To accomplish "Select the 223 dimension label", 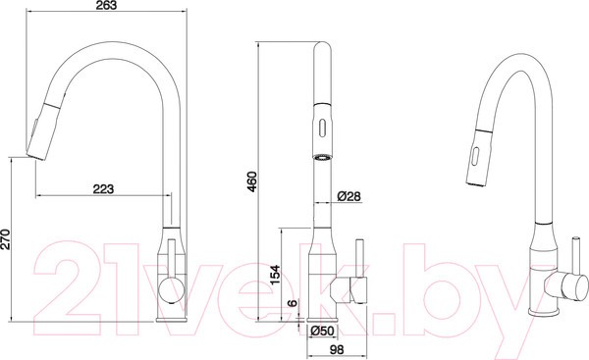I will (103, 189).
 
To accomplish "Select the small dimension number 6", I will (292, 305).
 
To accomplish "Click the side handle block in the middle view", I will (348, 288).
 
